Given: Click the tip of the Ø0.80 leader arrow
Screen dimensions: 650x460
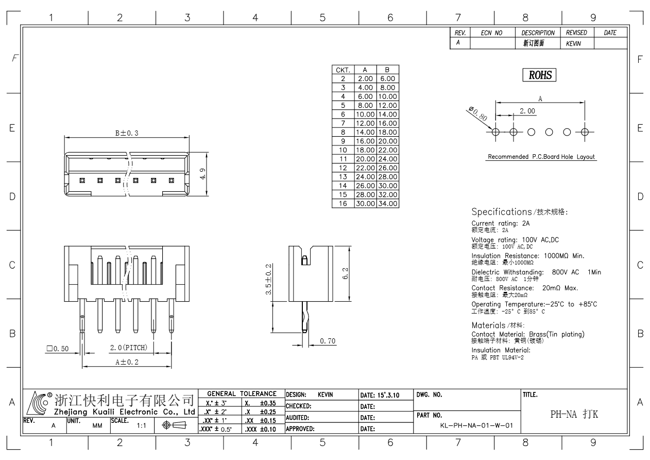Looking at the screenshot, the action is point(492,129).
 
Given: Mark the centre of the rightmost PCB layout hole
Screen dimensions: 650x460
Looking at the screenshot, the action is point(585,132).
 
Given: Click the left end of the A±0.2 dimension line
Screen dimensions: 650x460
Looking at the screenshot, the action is point(82,367).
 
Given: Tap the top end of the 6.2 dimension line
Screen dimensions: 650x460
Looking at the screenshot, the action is point(349,247).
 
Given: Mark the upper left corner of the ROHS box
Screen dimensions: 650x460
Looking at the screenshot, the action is point(523,69).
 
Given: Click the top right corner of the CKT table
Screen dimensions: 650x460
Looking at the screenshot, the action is point(399,65).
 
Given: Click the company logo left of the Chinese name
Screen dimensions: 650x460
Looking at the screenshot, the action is point(37,403).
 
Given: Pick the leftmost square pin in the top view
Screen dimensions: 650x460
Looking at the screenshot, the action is point(82,180).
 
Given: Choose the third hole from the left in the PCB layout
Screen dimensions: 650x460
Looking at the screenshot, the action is point(532,132).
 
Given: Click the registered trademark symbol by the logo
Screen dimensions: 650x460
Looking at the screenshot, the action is point(49,395).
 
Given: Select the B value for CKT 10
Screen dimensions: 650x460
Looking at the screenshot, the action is point(388,150).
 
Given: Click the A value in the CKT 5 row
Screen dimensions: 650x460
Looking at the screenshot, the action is point(365,105).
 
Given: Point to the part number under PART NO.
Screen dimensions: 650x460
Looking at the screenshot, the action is point(476,425).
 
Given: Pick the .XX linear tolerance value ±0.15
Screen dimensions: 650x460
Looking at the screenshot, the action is point(268,420).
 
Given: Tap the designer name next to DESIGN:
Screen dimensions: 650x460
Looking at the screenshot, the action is point(326,395).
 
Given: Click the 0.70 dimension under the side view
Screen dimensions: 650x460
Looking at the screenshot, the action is point(328,340).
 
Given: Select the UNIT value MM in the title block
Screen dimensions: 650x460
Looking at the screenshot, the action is point(97,426).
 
